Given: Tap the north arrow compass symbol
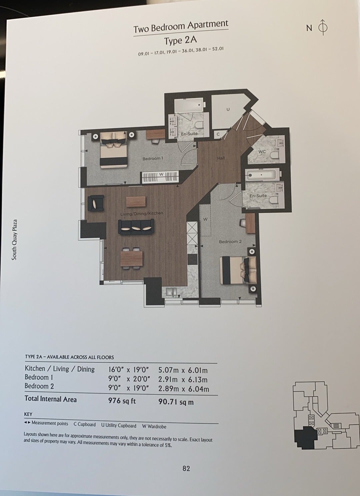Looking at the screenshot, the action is (x=323, y=27).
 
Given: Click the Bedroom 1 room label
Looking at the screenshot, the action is (x=153, y=159).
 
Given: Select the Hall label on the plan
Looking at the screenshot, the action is (x=221, y=158).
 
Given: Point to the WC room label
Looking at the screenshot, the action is (x=262, y=152).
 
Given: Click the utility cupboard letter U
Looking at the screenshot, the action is (x=228, y=109).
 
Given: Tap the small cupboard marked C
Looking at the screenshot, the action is (x=218, y=134).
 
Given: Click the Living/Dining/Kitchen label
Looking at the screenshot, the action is (x=142, y=214).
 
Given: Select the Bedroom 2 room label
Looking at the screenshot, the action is (x=230, y=242).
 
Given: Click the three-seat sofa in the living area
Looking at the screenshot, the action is (x=136, y=227).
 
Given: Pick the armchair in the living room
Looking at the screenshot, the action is (x=96, y=203).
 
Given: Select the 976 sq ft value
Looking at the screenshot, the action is (x=122, y=401).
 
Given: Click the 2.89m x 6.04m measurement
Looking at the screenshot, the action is (x=184, y=389).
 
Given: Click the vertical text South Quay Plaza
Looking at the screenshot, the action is (x=14, y=240).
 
